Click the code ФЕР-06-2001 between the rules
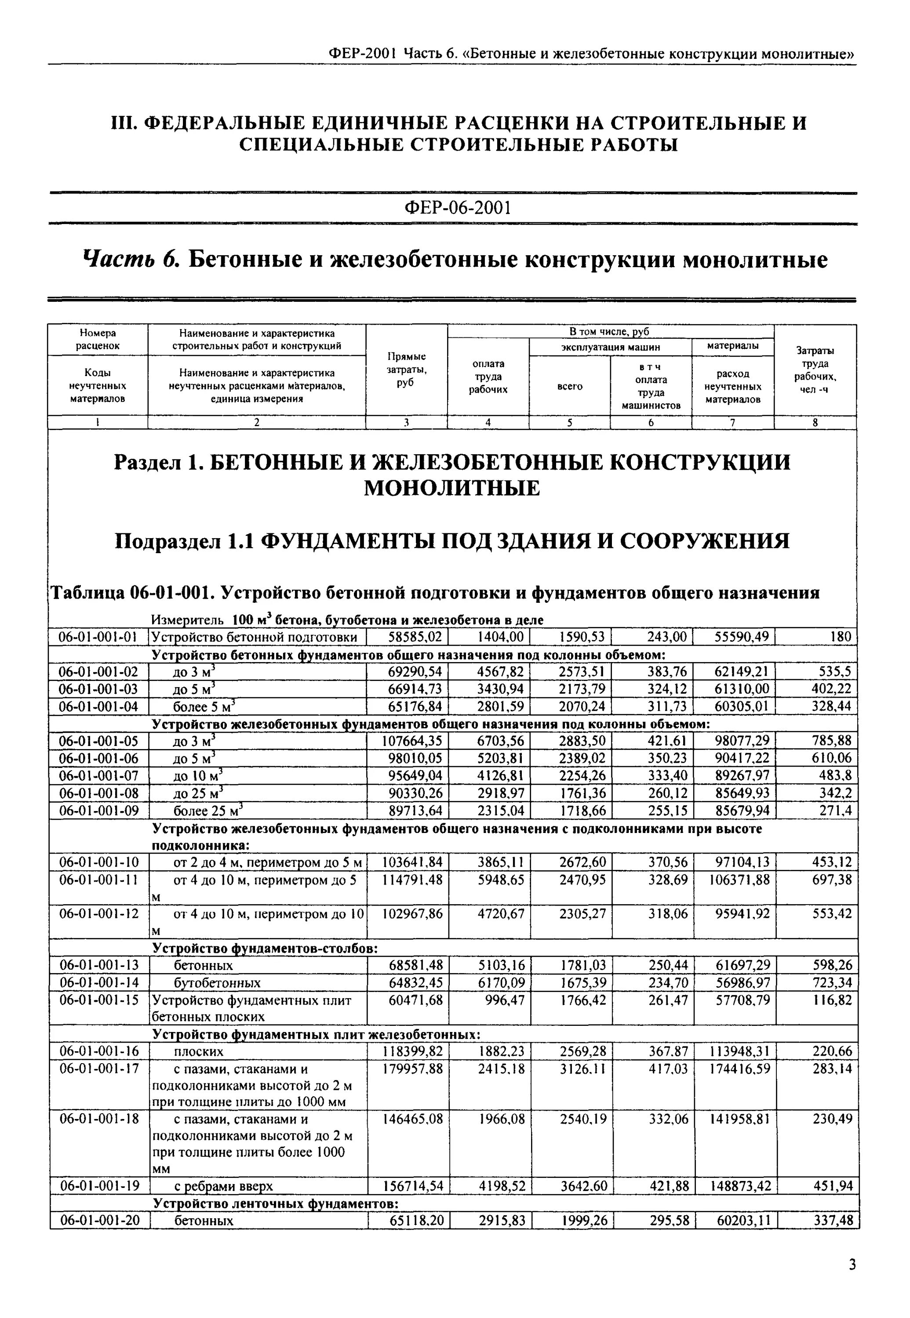pyautogui.click(x=457, y=207)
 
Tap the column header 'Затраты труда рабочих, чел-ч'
pyautogui.click(x=815, y=370)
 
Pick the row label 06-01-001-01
pyautogui.click(x=98, y=637)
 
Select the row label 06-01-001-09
pyautogui.click(x=98, y=810)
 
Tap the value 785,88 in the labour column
pyautogui.click(x=831, y=741)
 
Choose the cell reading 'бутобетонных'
pyautogui.click(x=217, y=983)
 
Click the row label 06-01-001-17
pyautogui.click(x=98, y=1069)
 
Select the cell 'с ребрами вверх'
pyautogui.click(x=223, y=1186)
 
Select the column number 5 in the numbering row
pyautogui.click(x=570, y=423)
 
